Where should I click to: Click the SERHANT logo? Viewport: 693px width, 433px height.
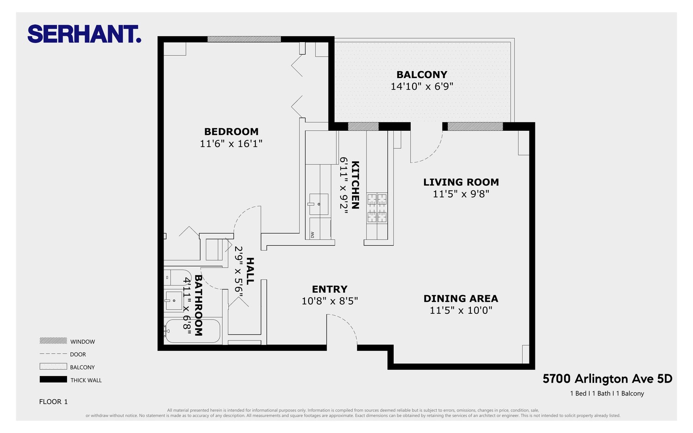(84, 34)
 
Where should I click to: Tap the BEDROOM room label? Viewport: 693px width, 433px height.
(231, 132)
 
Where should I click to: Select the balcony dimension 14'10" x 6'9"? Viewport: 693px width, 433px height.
(421, 86)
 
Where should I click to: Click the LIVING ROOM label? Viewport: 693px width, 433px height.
(461, 182)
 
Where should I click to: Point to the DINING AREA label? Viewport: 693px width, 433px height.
(461, 299)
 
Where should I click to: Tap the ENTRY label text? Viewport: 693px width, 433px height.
(329, 289)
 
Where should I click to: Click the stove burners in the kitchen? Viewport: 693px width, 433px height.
(377, 208)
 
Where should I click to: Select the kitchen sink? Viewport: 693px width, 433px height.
(319, 204)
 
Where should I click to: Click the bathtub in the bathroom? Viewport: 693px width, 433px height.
(193, 331)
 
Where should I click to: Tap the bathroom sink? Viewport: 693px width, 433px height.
(174, 300)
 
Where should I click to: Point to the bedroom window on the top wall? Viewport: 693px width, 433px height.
(244, 39)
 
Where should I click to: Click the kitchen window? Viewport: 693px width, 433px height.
(363, 126)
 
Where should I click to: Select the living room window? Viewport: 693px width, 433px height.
(475, 126)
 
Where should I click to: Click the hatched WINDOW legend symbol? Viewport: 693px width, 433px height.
(53, 341)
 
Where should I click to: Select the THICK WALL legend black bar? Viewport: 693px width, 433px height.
(53, 379)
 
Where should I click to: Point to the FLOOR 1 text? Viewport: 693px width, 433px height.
(53, 402)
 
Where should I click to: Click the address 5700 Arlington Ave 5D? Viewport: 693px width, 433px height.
(607, 379)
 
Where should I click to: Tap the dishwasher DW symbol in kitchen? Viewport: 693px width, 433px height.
(313, 234)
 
